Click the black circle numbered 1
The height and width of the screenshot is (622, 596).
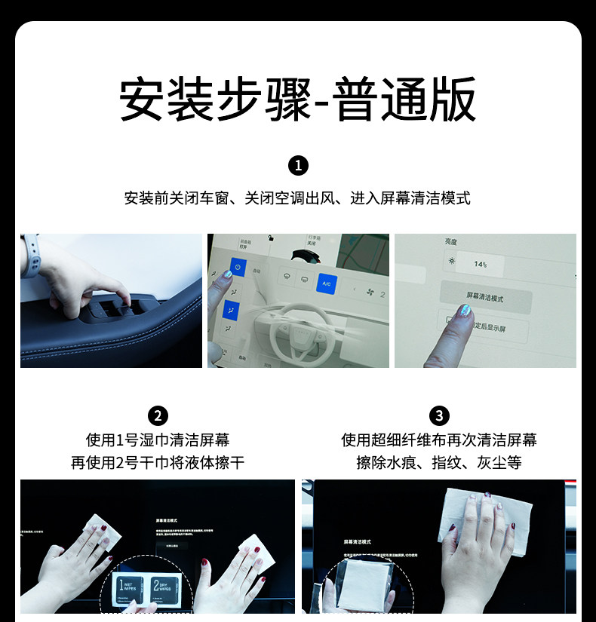298,166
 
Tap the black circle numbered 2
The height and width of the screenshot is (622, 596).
158,415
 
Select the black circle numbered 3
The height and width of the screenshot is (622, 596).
438,415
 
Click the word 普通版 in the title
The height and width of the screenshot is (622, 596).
406,100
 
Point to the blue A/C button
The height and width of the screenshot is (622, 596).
327,283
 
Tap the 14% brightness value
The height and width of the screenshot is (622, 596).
480,265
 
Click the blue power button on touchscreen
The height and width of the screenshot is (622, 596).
237,268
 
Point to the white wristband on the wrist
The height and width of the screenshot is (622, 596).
30,254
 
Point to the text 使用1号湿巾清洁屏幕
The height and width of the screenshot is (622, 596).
158,440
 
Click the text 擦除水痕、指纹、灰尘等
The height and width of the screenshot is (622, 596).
438,462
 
